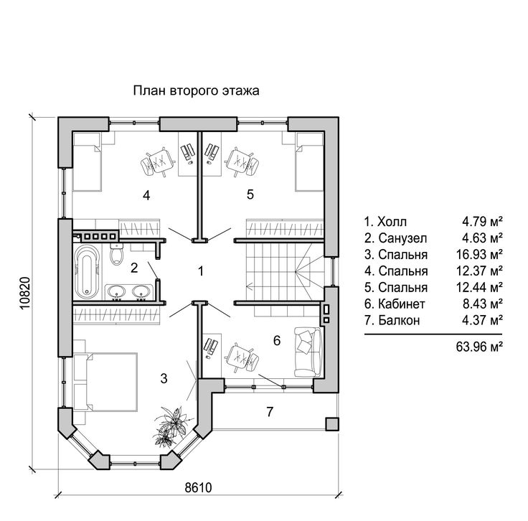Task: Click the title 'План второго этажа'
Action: coord(197,91)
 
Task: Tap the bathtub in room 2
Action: coord(87,272)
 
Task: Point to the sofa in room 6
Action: coord(308,352)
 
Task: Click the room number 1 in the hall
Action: coord(201,271)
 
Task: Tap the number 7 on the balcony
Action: coord(270,412)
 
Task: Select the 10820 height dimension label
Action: coord(26,293)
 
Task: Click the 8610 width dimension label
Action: coord(199,487)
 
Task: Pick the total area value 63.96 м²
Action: coord(479,346)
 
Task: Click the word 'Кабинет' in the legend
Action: coord(402,304)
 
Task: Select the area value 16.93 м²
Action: coord(479,254)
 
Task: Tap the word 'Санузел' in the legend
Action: coord(402,238)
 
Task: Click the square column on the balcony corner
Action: coord(332,424)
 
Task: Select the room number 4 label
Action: coord(146,195)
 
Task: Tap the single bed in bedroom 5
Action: coord(309,161)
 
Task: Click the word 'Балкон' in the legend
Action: coord(399,320)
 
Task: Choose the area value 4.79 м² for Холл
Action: coord(482,222)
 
